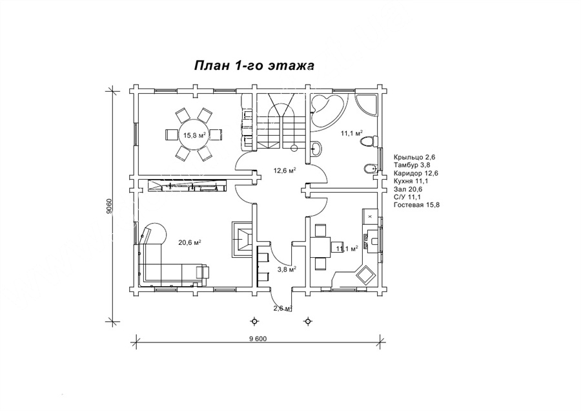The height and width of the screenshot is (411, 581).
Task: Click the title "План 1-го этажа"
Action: [254, 66]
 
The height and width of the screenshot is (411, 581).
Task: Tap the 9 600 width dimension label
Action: [258, 339]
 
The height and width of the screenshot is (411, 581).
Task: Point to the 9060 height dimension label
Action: [108, 206]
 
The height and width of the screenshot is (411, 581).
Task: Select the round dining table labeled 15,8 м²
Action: [194, 134]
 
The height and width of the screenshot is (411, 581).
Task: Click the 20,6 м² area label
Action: [190, 242]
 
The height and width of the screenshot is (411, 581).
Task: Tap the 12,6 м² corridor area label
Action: [285, 171]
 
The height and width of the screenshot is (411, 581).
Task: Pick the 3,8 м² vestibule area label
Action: [287, 269]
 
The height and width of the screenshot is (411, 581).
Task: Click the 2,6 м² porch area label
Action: [283, 308]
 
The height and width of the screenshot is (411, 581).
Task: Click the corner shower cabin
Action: [367, 105]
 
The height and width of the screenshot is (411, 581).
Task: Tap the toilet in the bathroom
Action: [369, 141]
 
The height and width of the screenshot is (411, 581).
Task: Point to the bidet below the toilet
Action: [370, 169]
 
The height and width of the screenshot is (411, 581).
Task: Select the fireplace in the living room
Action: [242, 239]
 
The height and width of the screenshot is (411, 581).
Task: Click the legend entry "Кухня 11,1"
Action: [411, 181]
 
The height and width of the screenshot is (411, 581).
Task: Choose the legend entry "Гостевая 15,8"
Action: [417, 205]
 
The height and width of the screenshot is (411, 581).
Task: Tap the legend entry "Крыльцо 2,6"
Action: [414, 158]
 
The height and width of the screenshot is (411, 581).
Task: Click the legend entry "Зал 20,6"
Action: [409, 189]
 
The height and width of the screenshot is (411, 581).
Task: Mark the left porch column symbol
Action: [254, 321]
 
